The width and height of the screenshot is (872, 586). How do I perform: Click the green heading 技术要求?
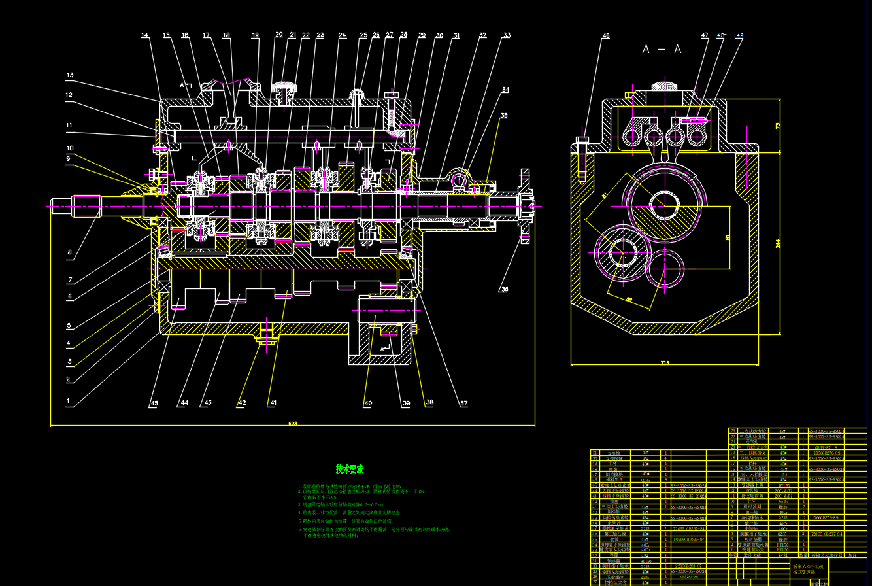[350, 469]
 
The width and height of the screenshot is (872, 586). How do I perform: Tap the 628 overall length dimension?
[292, 424]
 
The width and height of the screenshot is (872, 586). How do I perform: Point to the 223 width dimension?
[665, 362]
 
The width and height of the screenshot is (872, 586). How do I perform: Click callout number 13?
[70, 75]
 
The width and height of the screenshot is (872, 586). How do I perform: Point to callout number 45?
[154, 403]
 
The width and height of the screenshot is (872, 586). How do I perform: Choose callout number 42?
[242, 403]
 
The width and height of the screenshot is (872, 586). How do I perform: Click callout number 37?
[463, 403]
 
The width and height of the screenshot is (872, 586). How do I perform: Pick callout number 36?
[504, 289]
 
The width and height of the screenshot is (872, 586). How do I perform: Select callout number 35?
[503, 115]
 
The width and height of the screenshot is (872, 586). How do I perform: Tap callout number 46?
[606, 36]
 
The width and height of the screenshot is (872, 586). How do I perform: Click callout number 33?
[507, 35]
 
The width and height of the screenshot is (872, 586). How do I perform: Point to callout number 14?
[144, 35]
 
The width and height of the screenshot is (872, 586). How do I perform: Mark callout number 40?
[368, 403]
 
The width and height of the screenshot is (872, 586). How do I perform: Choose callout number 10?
[70, 148]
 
